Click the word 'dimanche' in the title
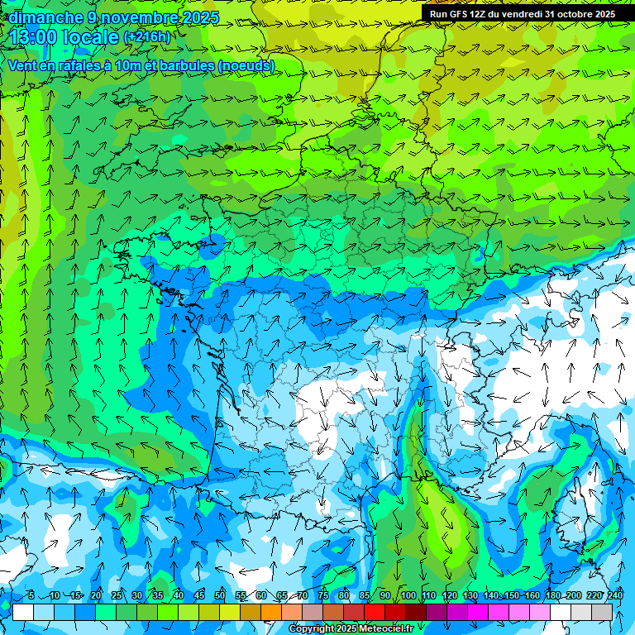[x=45, y=17]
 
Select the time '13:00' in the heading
[x=37, y=37]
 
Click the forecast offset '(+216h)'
[x=146, y=37]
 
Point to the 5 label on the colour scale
[x=31, y=595]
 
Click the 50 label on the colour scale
[x=220, y=595]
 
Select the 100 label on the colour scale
[x=408, y=595]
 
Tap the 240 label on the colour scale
[x=614, y=595]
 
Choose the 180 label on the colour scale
[x=552, y=595]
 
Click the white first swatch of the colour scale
[x=23, y=612]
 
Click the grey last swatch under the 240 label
[x=602, y=612]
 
